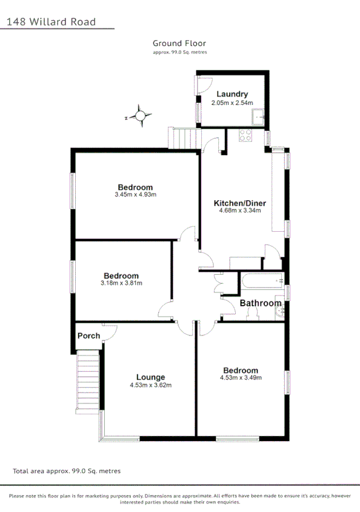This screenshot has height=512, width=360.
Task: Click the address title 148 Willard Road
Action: [x=52, y=22]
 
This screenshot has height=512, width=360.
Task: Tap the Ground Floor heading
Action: [x=179, y=43]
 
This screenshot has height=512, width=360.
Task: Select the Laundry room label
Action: [x=232, y=94]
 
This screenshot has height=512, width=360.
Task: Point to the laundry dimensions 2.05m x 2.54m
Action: [x=232, y=103]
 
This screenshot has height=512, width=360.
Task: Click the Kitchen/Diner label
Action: [x=240, y=203]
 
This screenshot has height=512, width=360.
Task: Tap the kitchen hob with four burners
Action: [x=246, y=136]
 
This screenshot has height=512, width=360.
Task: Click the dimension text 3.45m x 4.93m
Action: [x=135, y=195]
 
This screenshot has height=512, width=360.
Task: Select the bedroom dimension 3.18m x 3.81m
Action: [x=121, y=283]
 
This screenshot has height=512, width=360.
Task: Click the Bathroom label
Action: [x=261, y=303]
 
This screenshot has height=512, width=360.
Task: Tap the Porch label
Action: [x=88, y=335]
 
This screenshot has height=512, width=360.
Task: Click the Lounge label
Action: [x=150, y=377]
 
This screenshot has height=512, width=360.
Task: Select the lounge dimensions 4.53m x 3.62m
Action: [x=150, y=385]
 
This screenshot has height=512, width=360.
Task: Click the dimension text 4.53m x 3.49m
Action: [x=240, y=378]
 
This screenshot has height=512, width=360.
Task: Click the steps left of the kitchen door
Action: [x=183, y=139]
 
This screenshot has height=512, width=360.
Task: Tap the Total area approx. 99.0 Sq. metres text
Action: [x=67, y=471]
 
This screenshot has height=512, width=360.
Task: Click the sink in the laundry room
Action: [x=259, y=115]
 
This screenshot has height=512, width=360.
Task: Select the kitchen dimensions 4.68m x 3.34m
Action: [x=240, y=211]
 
